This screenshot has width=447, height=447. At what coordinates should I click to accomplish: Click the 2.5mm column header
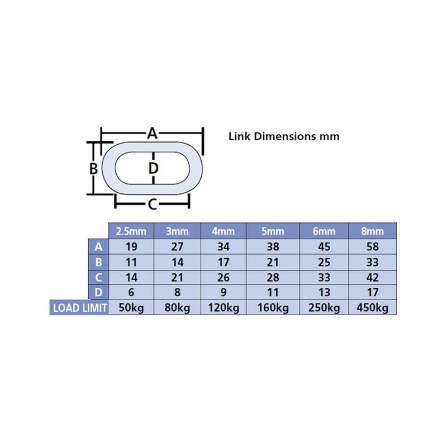click(131, 231)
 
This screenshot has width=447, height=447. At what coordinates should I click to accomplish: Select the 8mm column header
click(372, 231)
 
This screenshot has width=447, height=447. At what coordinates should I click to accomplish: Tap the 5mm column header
click(273, 231)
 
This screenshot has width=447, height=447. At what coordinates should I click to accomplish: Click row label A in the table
click(98, 246)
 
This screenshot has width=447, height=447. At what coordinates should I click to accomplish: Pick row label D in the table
click(98, 292)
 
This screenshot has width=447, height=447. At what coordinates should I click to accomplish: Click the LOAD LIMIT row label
click(80, 308)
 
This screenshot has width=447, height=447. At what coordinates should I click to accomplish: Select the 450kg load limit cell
click(372, 308)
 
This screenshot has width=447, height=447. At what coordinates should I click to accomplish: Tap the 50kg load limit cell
click(131, 308)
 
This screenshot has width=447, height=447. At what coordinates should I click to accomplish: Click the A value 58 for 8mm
click(372, 246)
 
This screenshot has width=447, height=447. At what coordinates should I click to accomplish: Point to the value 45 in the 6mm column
click(324, 246)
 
